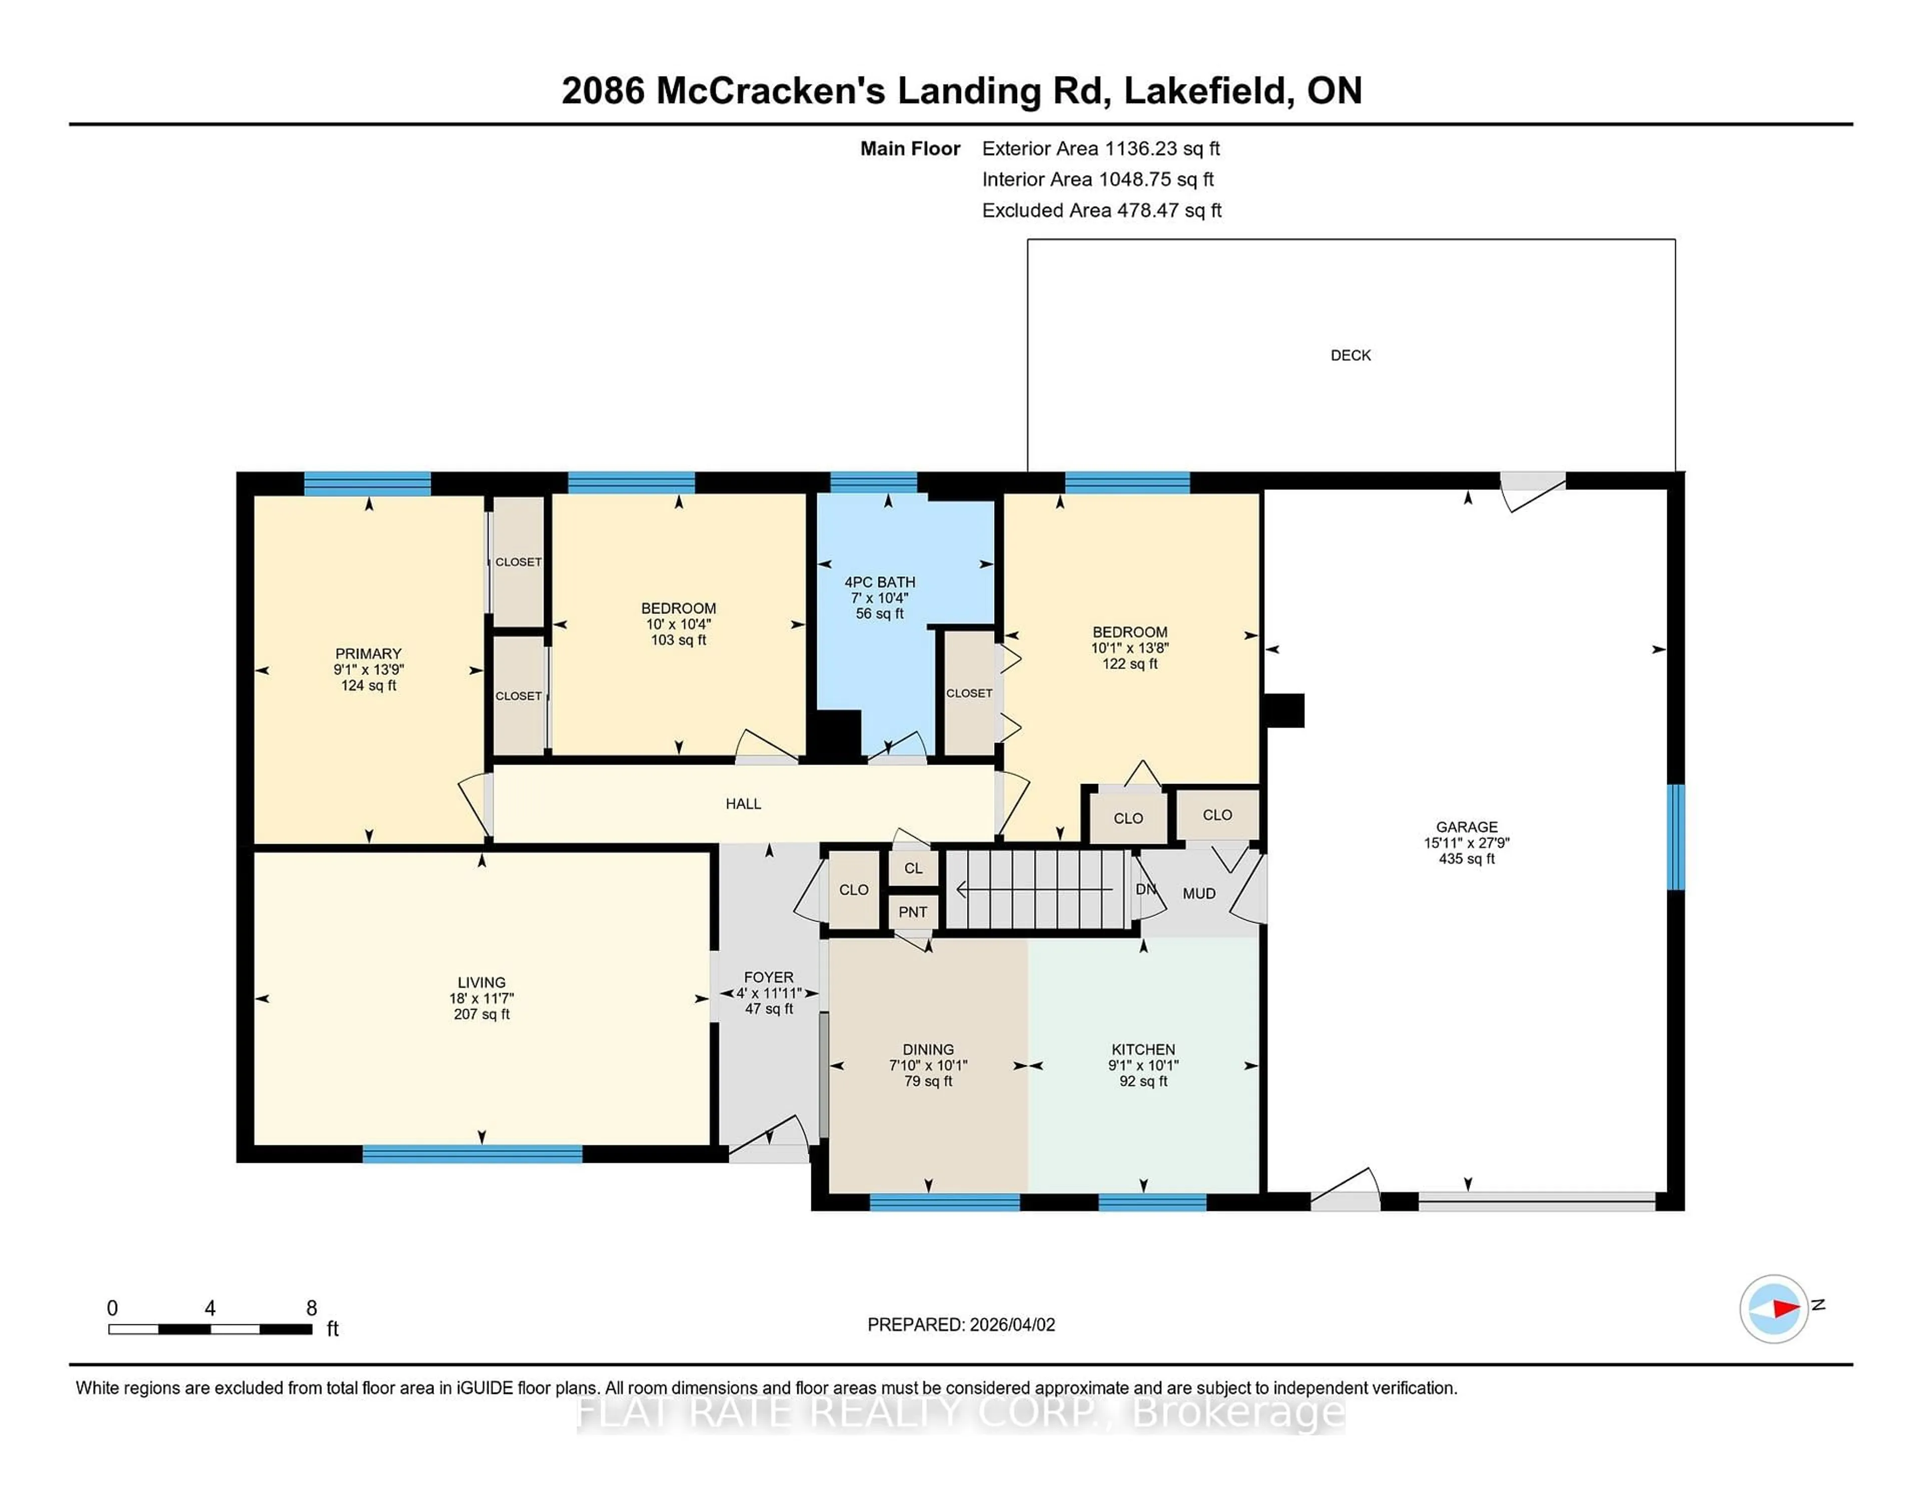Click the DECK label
[x=1350, y=355]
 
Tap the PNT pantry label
[x=912, y=912]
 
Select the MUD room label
[x=1199, y=894]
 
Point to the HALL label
[x=743, y=803]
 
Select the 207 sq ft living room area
[x=482, y=1014]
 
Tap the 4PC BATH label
[x=879, y=582]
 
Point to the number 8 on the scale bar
[x=311, y=1308]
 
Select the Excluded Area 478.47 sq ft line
[x=1101, y=210]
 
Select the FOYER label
[x=768, y=977]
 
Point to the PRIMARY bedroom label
[x=368, y=653]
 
